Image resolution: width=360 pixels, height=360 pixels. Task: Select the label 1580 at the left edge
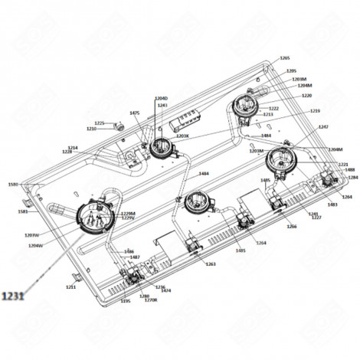[12, 185]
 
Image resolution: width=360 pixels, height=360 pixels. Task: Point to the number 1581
[22, 211]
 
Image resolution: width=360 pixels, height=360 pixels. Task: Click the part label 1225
[99, 123]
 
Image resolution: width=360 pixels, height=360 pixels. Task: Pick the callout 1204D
[161, 99]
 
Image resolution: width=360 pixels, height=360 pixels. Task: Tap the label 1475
[135, 113]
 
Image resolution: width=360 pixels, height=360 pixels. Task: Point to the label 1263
[211, 263]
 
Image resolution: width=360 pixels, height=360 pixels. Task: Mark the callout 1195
[126, 301]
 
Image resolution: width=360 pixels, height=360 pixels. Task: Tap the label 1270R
[151, 300]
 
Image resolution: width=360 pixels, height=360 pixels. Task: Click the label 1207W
[32, 235]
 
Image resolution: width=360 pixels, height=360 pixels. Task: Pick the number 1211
[71, 286]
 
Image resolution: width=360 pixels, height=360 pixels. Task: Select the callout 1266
[292, 227]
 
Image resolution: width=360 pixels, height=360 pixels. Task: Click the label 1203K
[182, 136]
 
